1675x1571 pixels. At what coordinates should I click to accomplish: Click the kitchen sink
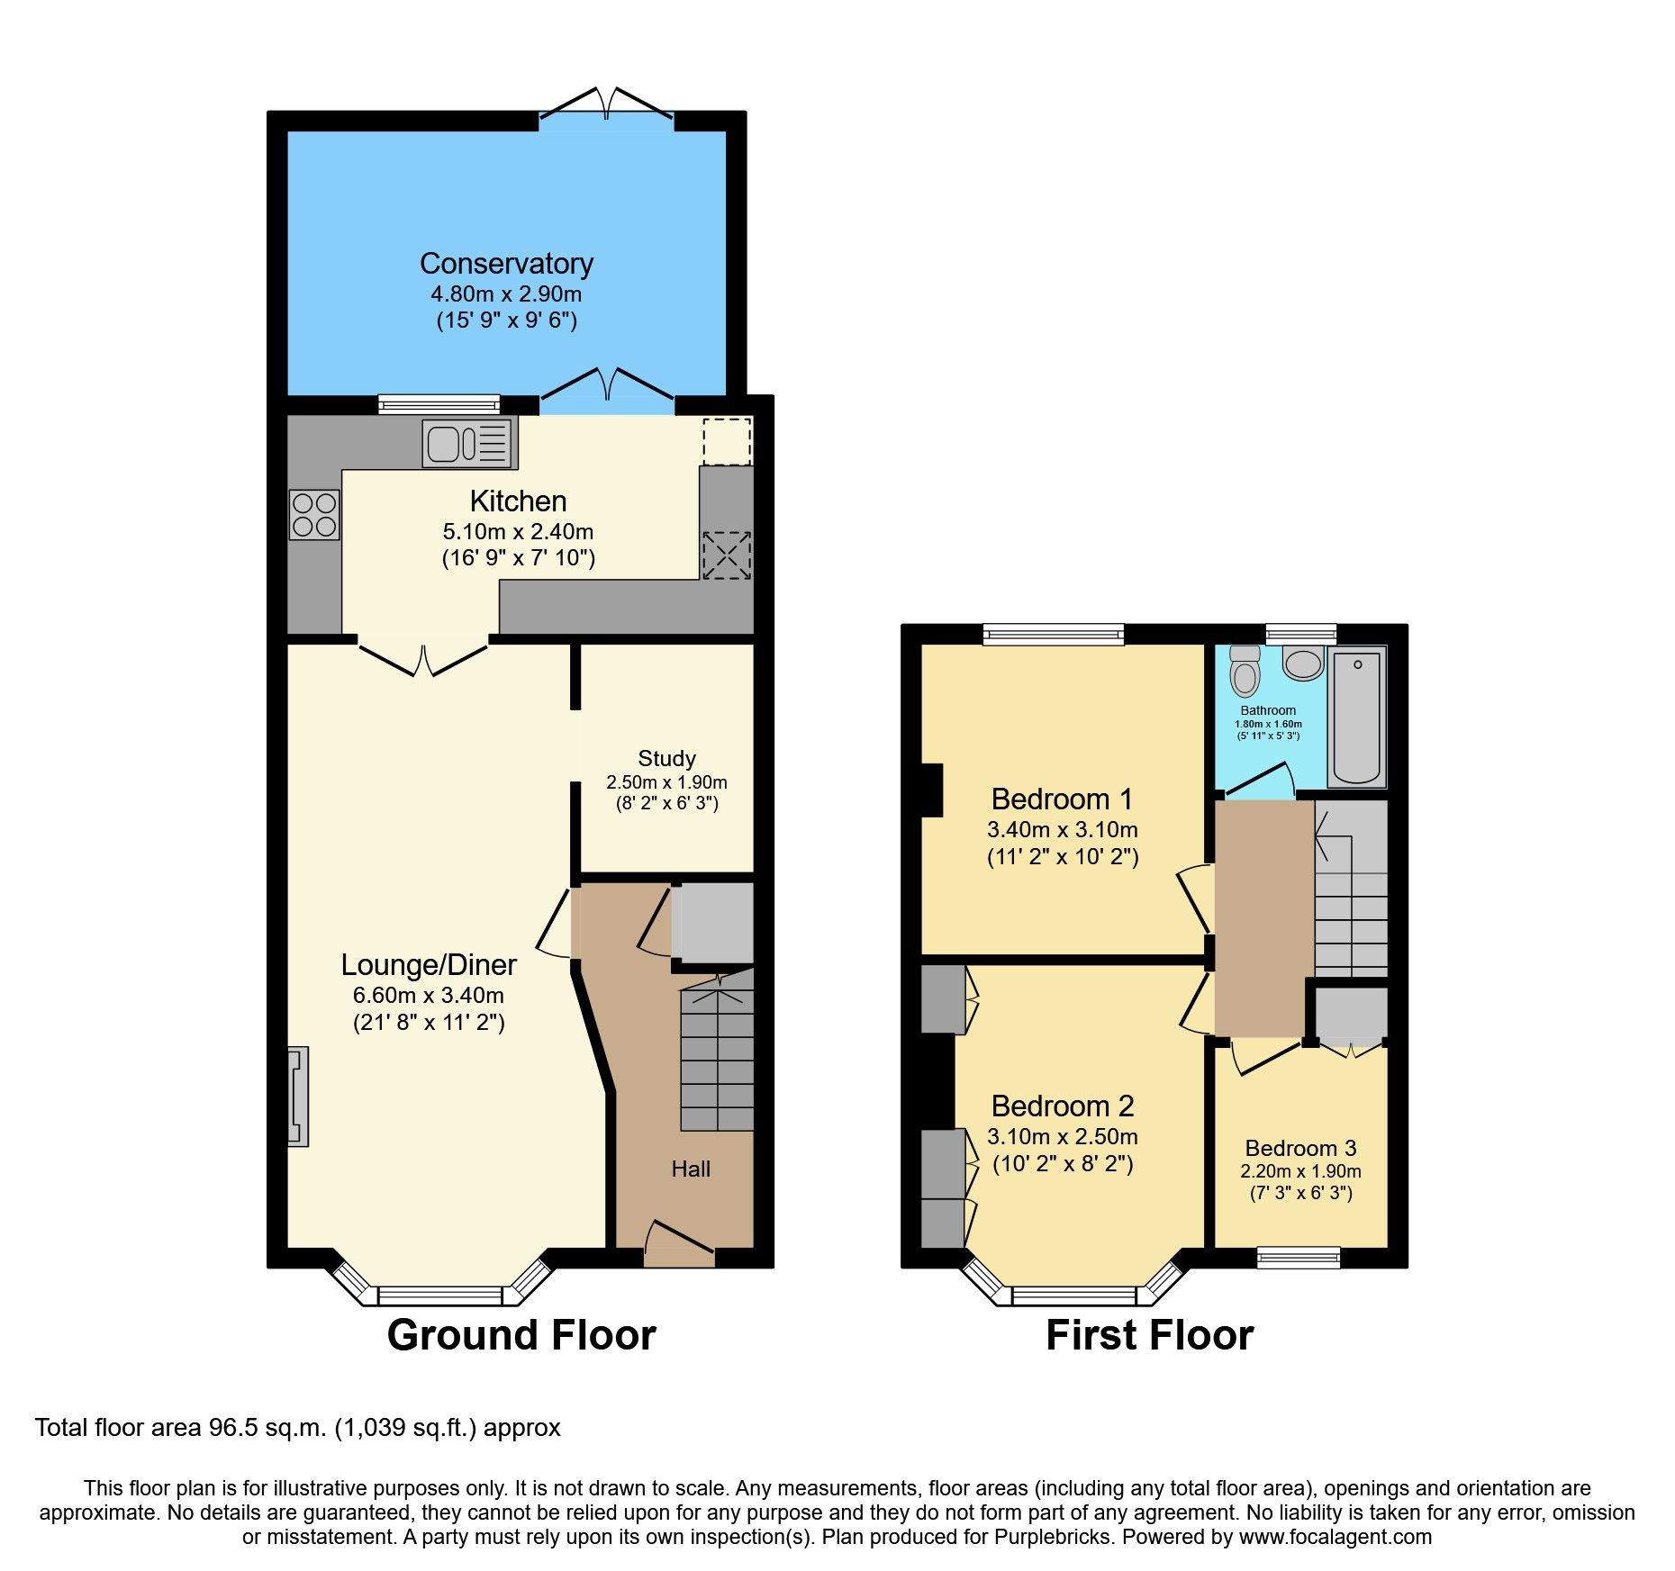coord(468,444)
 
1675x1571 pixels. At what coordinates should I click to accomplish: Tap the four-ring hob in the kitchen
coord(314,515)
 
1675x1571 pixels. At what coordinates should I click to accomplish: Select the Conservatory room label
coord(506,264)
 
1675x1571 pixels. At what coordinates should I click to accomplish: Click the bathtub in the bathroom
coord(1356,718)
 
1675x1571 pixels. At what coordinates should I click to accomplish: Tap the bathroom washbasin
coord(1302,664)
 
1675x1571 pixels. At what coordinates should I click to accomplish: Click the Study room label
coord(666,758)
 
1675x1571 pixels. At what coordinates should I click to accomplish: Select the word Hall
coord(691,1169)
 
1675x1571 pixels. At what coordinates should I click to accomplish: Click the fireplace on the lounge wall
coord(298,1096)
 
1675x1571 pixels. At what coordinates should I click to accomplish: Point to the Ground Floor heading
coord(521,1334)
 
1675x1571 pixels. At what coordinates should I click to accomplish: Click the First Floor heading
coord(1149,1334)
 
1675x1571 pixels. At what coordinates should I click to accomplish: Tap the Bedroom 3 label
coord(1300,1148)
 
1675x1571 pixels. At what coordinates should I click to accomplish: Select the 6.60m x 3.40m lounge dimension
coord(428,995)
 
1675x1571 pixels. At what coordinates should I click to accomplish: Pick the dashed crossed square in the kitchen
coord(726,555)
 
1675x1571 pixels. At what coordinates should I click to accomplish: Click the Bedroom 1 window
coord(1054,635)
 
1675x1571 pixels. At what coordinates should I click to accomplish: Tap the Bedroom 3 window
coord(1299,1257)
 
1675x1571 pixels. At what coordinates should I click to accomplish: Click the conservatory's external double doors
coord(606,104)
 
